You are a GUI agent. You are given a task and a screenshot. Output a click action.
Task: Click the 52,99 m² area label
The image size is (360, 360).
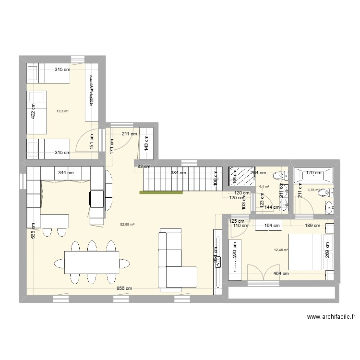pos(127,224)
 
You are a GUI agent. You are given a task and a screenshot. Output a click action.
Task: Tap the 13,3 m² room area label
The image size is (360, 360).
pos(62,111)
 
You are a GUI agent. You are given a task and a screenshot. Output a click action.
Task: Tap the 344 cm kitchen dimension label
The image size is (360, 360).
pos(66,172)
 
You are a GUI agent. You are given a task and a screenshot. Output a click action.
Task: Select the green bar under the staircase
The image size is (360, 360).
pos(161,192)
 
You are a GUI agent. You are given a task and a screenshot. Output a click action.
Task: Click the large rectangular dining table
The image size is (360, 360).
pos(92,262)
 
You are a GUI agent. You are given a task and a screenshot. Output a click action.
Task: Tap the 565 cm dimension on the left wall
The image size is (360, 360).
pos(33,232)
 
